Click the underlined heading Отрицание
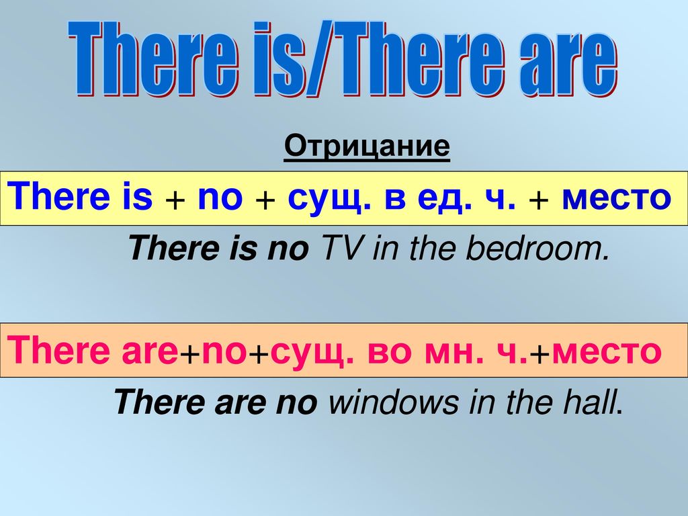tap(367, 146)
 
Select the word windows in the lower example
tap(393, 402)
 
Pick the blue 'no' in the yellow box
tap(220, 199)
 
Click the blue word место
tap(617, 199)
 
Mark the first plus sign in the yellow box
tap(175, 202)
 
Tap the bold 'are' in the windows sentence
tap(241, 403)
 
